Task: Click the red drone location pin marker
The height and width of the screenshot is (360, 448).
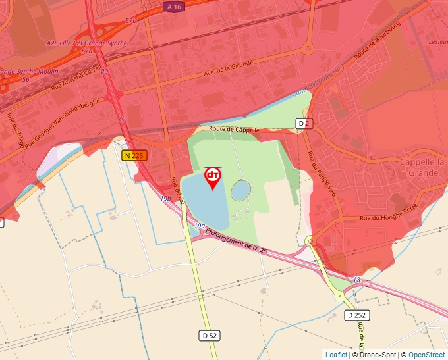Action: (213, 178)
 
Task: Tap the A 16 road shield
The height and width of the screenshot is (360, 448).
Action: (174, 6)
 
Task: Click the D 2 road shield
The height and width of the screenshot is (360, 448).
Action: (304, 123)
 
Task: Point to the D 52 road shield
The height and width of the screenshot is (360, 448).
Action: (209, 336)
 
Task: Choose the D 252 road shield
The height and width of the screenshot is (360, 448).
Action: (356, 315)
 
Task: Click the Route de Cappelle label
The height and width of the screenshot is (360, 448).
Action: (235, 130)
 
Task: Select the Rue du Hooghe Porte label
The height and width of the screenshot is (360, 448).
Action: (388, 213)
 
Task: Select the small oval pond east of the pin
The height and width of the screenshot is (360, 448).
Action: (240, 191)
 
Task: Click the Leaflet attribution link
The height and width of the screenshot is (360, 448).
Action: (336, 355)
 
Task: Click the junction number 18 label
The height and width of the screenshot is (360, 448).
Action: (356, 280)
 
